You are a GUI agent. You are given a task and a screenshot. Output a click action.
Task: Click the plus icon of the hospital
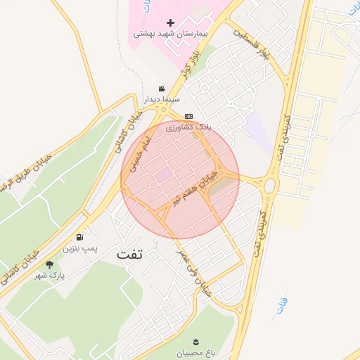pos(170,23)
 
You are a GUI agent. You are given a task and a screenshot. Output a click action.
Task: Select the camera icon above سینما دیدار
pos(163,89)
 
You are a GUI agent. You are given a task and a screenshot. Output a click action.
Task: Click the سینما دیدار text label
pos(163,100)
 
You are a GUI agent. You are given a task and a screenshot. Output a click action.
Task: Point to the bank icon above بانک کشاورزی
pos(188,116)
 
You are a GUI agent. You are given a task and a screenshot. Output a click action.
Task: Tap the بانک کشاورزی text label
pos(188,127)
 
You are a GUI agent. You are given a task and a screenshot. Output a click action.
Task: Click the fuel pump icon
pos(80,237)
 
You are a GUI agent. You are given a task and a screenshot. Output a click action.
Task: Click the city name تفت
pos(130,255)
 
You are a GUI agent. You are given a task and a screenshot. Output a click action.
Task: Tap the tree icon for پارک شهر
pos(49,264)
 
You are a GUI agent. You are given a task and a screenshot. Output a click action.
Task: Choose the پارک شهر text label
pos(49,276)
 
